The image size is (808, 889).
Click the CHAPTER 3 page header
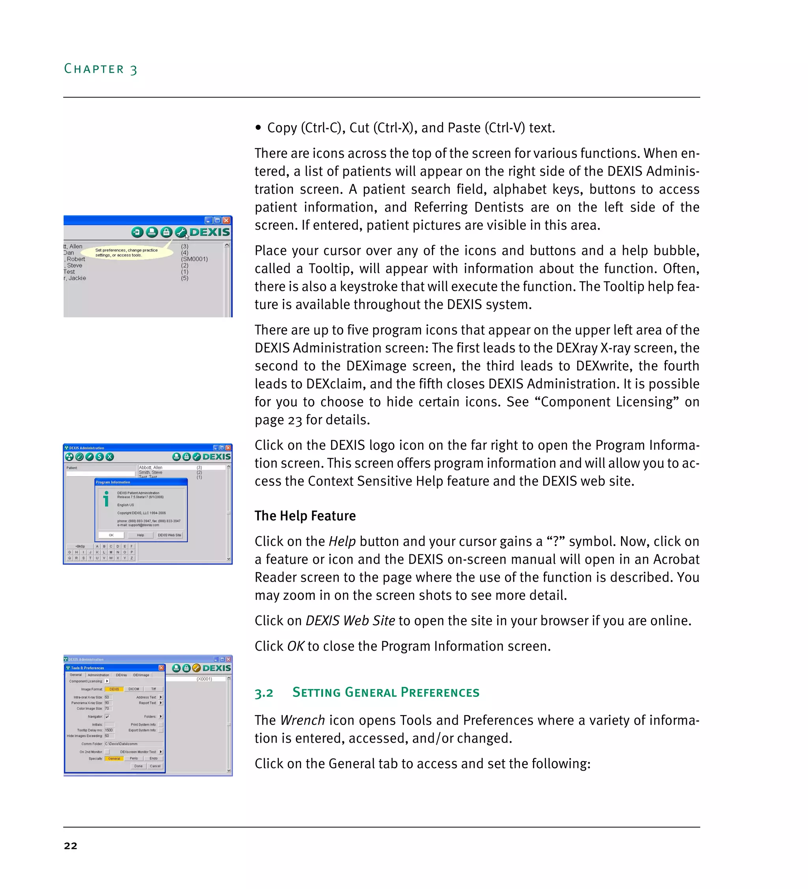tap(101, 69)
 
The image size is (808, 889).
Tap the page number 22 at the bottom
tap(71, 845)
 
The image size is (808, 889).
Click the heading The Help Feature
tap(305, 515)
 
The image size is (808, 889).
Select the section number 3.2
tap(264, 693)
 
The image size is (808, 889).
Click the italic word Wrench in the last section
tap(302, 720)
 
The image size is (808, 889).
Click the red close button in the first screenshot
tap(226, 220)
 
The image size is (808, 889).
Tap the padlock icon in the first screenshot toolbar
tap(166, 232)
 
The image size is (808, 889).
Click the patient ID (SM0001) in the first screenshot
tap(195, 259)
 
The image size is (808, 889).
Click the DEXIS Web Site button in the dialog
tap(169, 535)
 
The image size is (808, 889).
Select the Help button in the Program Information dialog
tap(140, 535)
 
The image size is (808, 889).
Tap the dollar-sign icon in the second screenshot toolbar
tap(100, 457)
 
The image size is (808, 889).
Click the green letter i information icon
tap(106, 499)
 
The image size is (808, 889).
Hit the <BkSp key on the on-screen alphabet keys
tap(80, 547)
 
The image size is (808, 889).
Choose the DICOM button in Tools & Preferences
tap(134, 689)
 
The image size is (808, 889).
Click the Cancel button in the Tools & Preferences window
tap(155, 766)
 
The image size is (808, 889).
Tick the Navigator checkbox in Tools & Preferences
tap(107, 717)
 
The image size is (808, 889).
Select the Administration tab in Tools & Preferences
tap(98, 675)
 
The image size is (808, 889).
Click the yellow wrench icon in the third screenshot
tap(196, 668)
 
